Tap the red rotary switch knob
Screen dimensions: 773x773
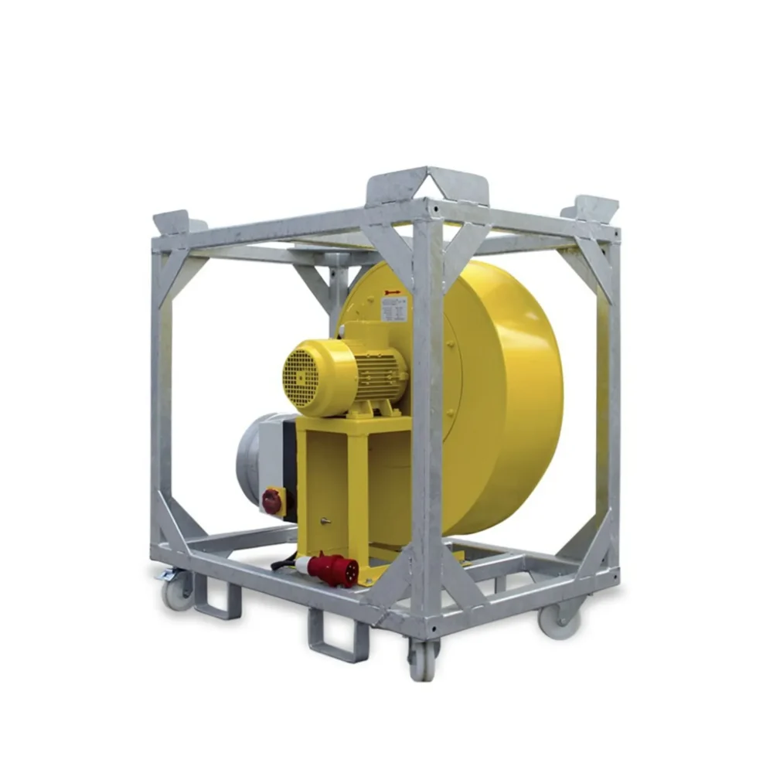pyautogui.click(x=272, y=502)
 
